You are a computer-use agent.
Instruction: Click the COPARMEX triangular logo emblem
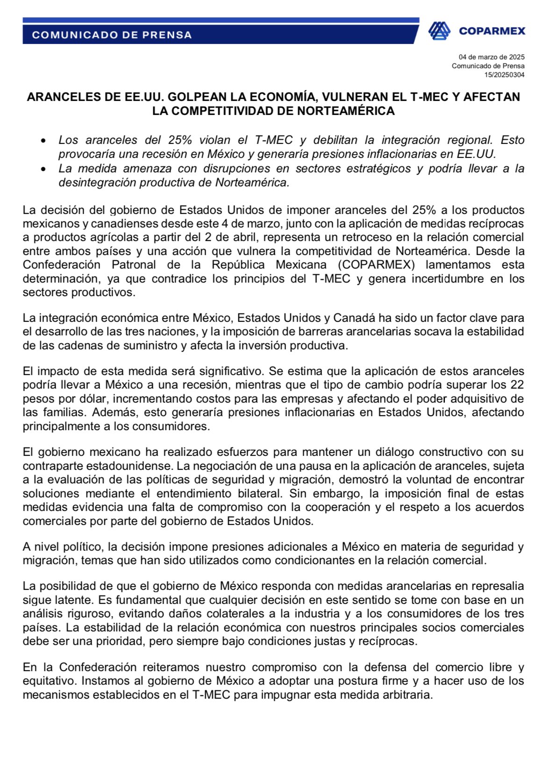[x=439, y=31]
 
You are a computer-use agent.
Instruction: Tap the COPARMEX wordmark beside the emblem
[x=492, y=31]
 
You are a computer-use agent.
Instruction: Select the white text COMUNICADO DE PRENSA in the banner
[x=112, y=35]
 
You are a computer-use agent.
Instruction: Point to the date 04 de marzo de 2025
[x=491, y=57]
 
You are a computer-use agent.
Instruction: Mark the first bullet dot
[x=43, y=141]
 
